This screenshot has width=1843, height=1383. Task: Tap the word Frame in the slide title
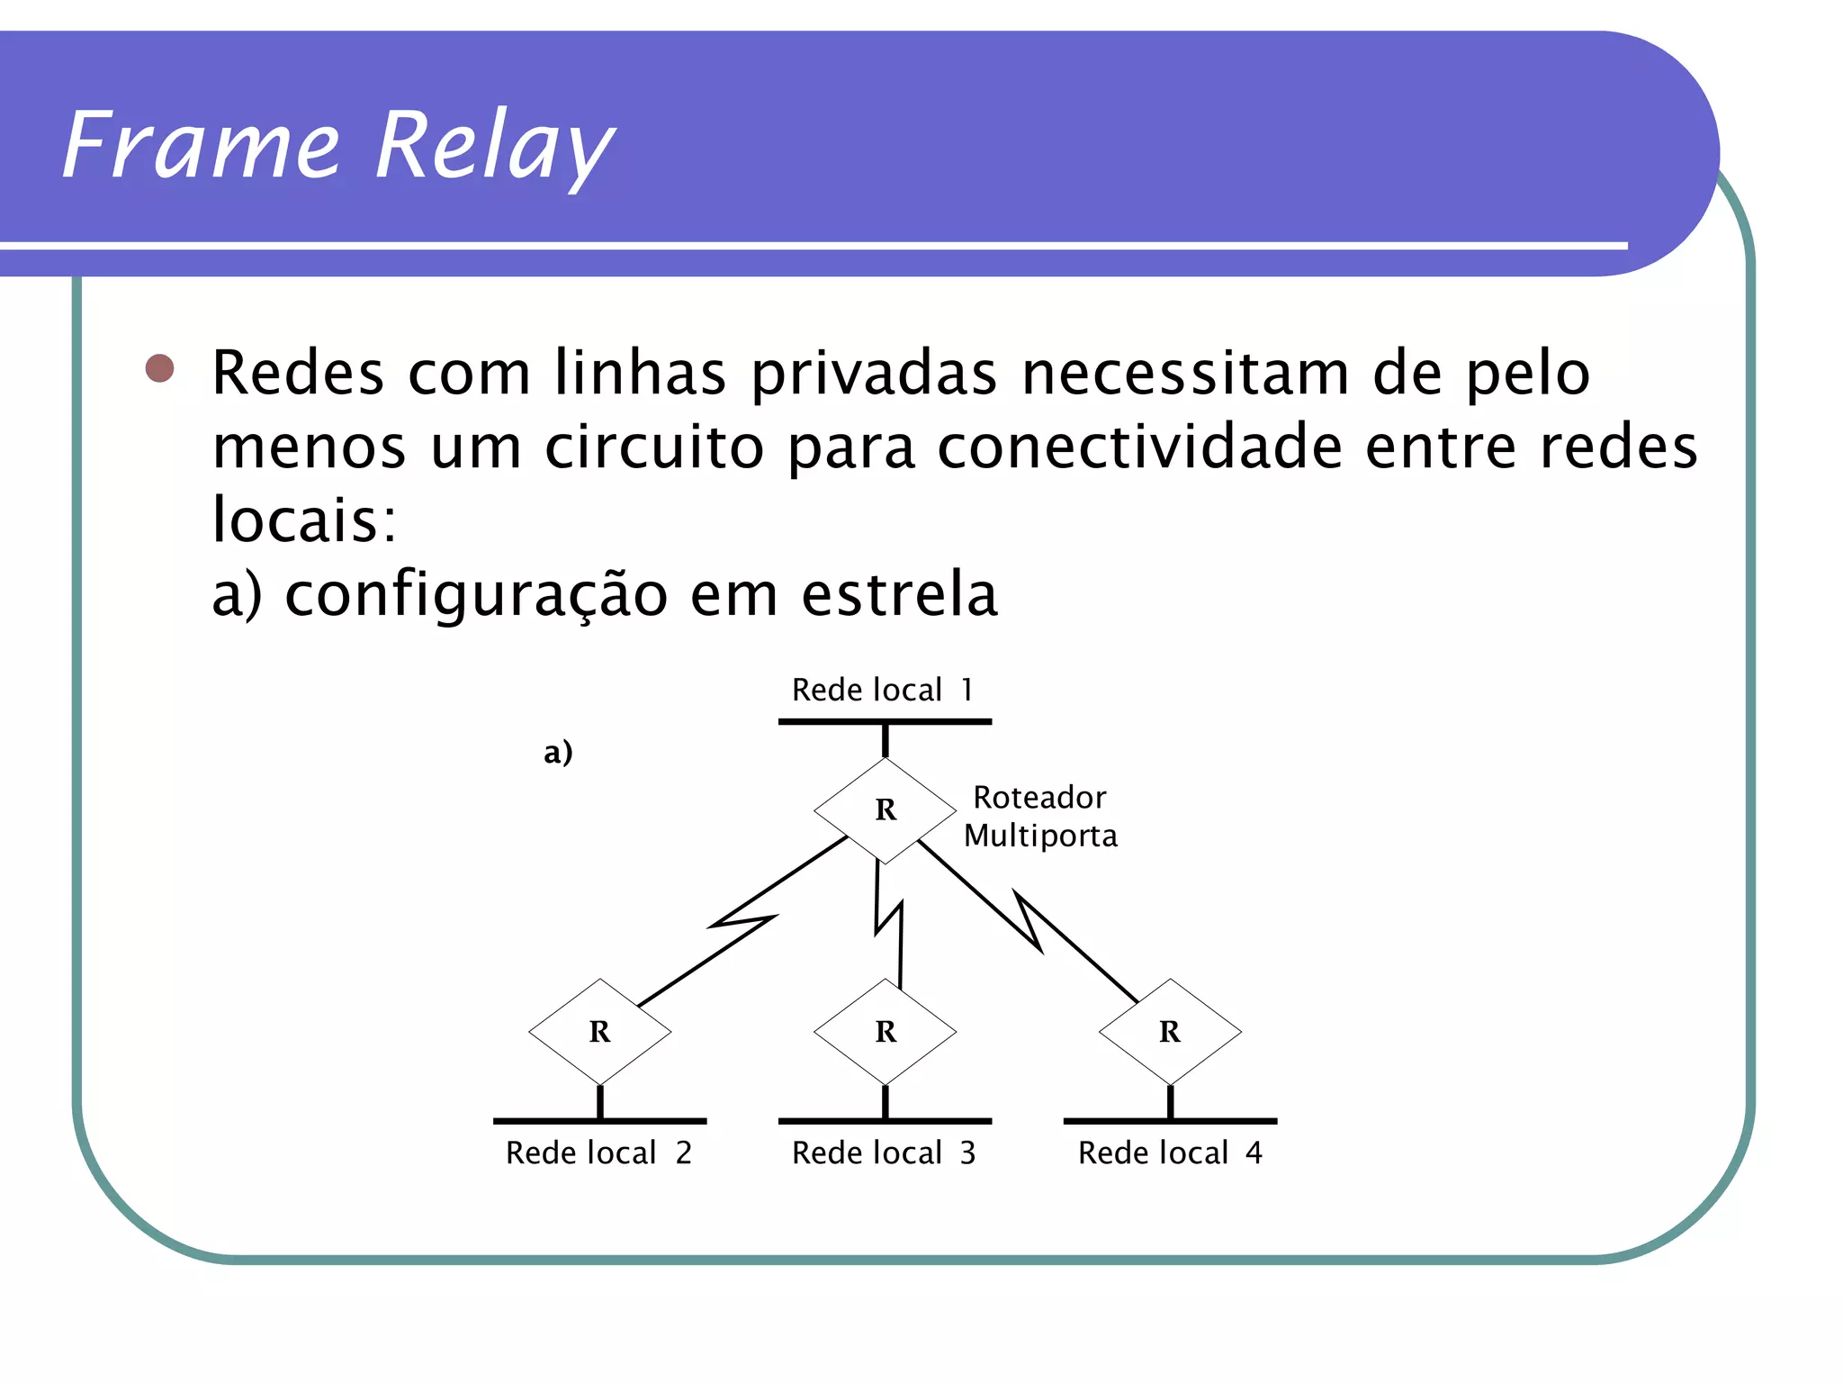click(200, 146)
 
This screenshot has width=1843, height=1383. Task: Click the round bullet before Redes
click(160, 368)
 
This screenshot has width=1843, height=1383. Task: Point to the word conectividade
click(1140, 447)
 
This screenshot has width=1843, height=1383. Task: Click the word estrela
click(899, 595)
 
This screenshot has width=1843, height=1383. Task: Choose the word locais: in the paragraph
click(304, 520)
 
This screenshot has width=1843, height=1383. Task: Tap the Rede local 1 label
click(883, 691)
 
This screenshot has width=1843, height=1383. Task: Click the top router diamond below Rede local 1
click(885, 810)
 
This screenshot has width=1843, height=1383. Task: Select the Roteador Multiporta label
click(1040, 817)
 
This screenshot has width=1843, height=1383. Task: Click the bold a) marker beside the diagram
click(558, 752)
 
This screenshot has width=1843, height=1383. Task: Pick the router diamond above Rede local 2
click(599, 1032)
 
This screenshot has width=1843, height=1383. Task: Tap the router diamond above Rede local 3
click(885, 1032)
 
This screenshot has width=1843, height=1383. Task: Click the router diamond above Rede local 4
click(1170, 1032)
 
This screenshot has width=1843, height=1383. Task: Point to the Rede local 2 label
click(598, 1153)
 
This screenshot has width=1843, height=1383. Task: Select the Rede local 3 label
click(884, 1153)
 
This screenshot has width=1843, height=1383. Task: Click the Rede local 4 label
click(1170, 1153)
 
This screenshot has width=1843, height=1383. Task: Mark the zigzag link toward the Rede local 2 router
click(742, 921)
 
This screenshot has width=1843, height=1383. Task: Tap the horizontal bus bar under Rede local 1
click(885, 722)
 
